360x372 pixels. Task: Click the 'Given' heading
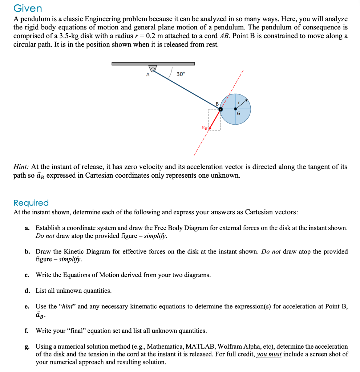(28, 8)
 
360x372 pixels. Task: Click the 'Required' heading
(31, 203)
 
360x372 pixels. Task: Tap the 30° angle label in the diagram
(181, 74)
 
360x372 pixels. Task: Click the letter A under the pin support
(147, 75)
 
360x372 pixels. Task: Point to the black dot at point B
(220, 109)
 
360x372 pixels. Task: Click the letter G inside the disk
(238, 113)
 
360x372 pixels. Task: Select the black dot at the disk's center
(236, 109)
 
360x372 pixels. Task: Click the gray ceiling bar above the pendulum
(153, 64)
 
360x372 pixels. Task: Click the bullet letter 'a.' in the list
(27, 228)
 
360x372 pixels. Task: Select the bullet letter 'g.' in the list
(27, 347)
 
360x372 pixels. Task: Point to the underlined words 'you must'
(269, 354)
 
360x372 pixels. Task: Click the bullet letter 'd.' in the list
(27, 291)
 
